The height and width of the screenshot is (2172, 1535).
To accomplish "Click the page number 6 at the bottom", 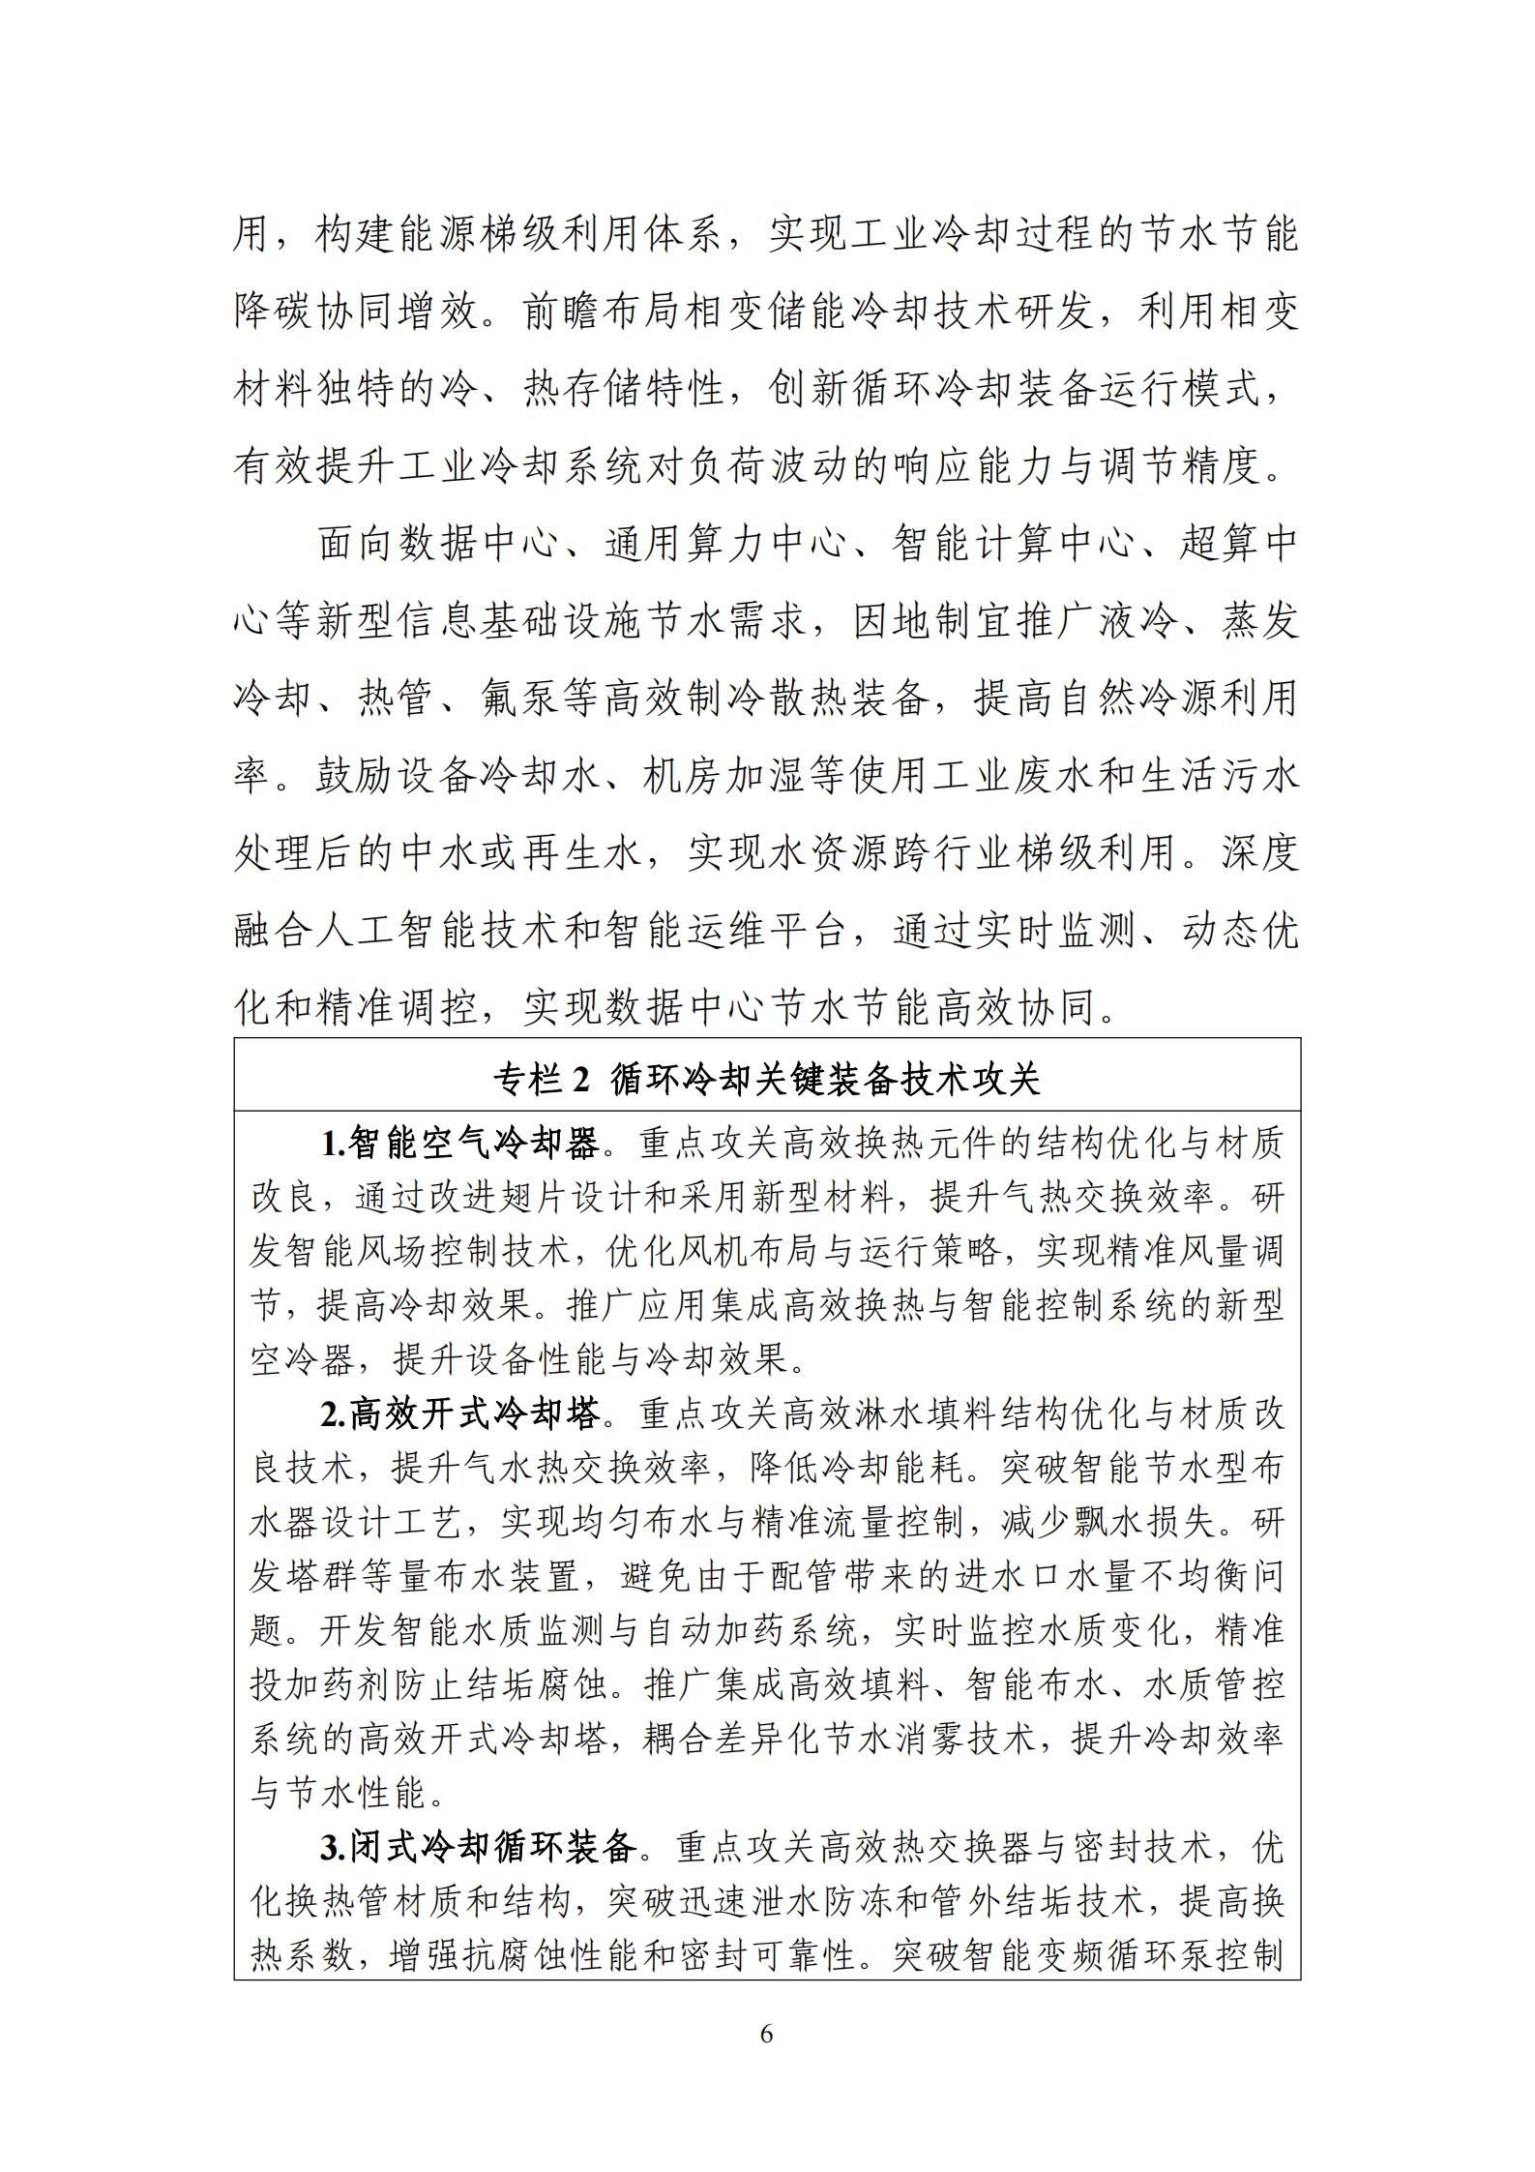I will click(766, 2034).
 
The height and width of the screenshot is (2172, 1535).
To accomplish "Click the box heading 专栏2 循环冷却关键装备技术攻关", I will click(766, 1079).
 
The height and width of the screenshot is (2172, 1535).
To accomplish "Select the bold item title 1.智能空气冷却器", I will click(459, 1145).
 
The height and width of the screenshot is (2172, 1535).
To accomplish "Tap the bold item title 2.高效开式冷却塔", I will click(459, 1414).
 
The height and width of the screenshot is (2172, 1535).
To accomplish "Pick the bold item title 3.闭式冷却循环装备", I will click(478, 1848).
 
